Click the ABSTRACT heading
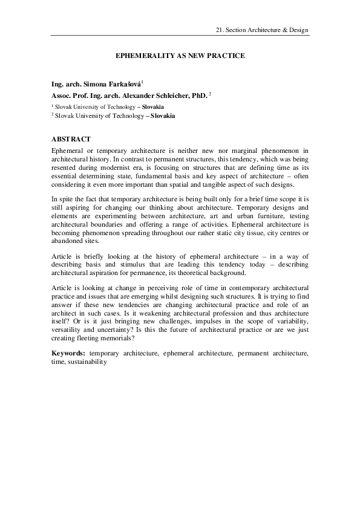(x=71, y=139)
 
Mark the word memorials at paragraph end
(x=117, y=339)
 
